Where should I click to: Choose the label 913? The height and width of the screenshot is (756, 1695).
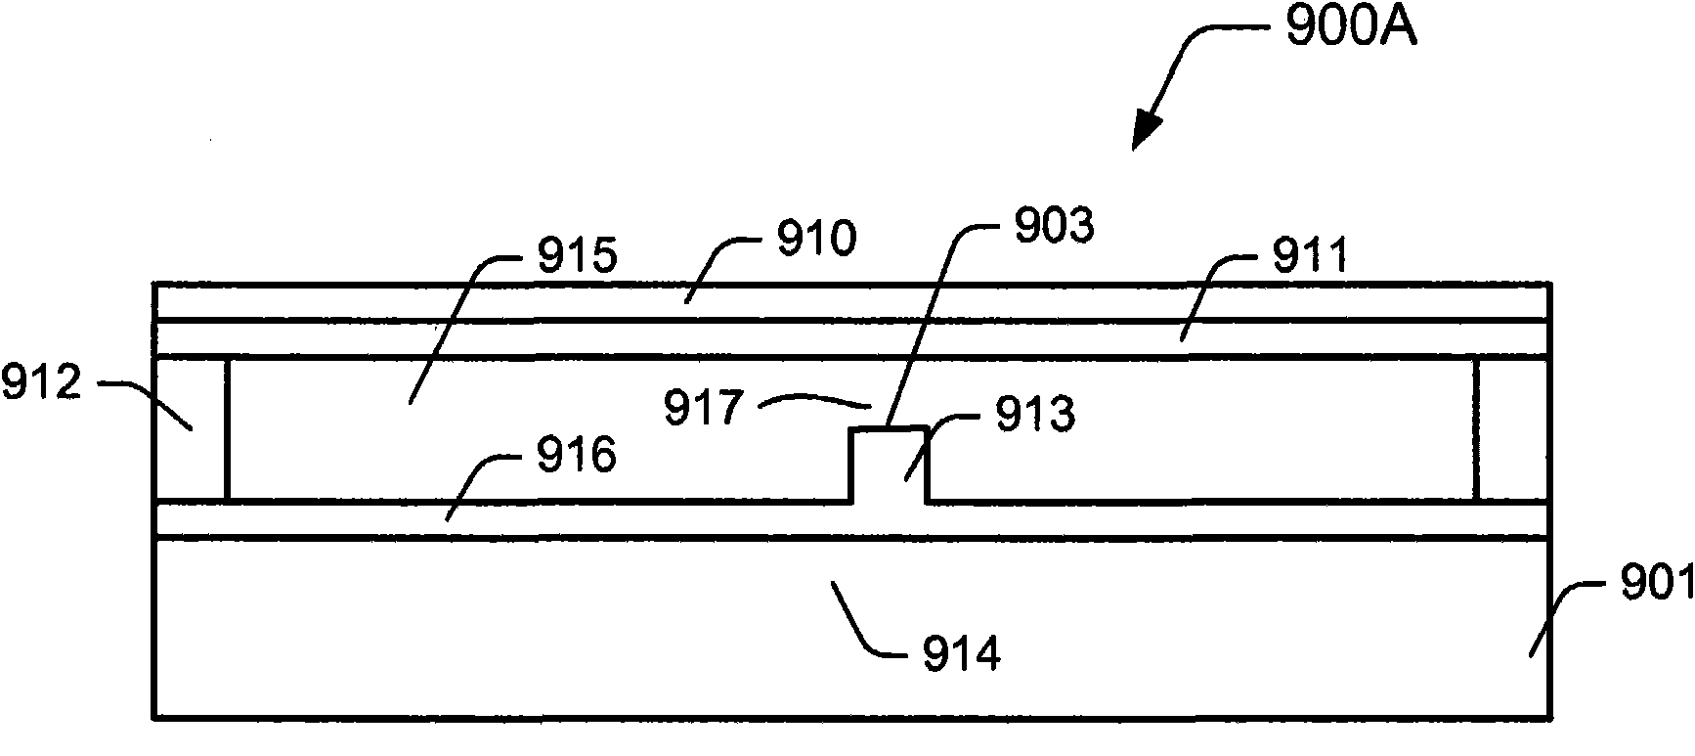[1034, 415]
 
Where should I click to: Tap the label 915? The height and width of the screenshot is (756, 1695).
[577, 256]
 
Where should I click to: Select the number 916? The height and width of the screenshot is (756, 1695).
[576, 456]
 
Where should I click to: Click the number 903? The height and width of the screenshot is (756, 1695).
[1053, 227]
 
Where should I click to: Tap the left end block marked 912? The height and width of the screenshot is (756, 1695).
[191, 429]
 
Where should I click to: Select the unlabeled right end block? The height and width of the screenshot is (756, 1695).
[1512, 429]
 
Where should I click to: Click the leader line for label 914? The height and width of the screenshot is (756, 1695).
[869, 617]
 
